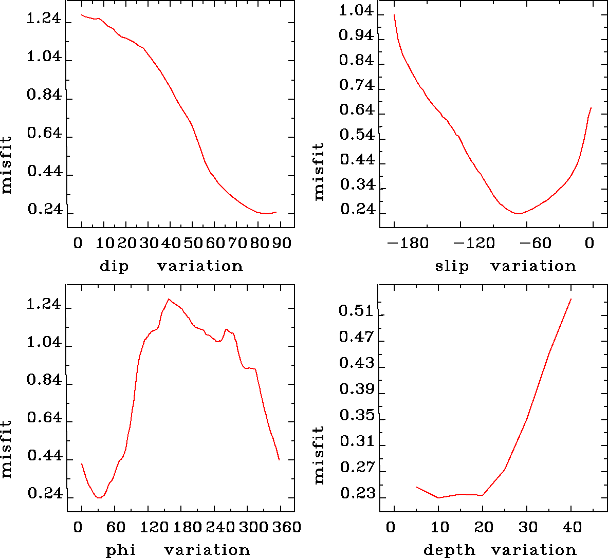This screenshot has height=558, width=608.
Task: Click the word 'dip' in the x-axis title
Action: tap(114, 266)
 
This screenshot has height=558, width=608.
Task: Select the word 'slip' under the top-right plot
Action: tap(452, 266)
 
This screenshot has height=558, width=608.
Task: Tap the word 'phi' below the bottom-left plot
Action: tap(121, 551)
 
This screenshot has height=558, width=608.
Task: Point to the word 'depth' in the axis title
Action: tap(449, 551)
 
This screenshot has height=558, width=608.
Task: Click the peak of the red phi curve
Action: tap(168, 299)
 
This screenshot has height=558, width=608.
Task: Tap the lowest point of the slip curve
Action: tap(519, 213)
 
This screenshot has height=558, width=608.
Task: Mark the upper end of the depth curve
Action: tap(571, 299)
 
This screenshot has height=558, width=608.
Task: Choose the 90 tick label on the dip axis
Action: tap(282, 243)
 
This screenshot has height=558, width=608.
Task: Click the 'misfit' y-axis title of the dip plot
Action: tap(7, 165)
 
